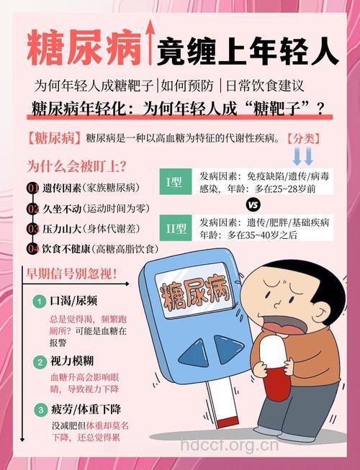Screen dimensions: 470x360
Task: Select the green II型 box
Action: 175,229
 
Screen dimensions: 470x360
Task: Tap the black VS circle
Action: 253,203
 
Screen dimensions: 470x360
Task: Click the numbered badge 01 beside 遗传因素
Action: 32,189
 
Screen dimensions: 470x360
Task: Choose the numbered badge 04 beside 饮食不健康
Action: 32,249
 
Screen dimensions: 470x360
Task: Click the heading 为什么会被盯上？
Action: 77,166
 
